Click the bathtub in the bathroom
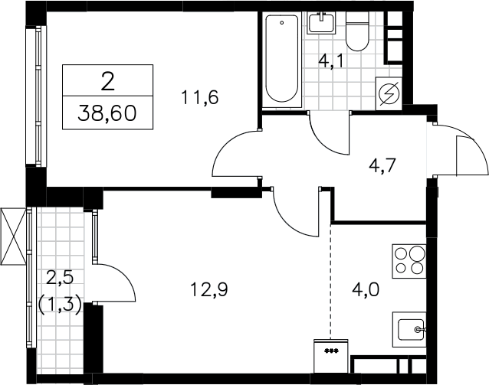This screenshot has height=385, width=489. [x=282, y=59]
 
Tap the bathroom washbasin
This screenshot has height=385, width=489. [x=322, y=23]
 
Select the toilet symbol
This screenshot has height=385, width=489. [x=357, y=31]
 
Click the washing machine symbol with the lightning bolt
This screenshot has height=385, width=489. [x=389, y=93]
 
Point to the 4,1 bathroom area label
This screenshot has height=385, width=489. [x=331, y=60]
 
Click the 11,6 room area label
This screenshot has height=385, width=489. [x=199, y=97]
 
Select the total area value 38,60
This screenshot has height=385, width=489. [x=107, y=113]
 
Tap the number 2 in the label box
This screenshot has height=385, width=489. [x=107, y=82]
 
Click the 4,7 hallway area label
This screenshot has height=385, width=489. [x=382, y=165]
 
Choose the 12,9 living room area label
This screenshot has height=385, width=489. [x=209, y=289]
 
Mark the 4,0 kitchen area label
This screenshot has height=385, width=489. [x=366, y=289]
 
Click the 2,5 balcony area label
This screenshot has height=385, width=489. [x=60, y=277]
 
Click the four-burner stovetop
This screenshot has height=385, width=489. [x=409, y=261]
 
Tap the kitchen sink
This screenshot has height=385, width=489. [x=409, y=330]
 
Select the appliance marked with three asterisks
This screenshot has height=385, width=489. [x=331, y=356]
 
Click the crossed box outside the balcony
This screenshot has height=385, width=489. [x=13, y=236]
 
